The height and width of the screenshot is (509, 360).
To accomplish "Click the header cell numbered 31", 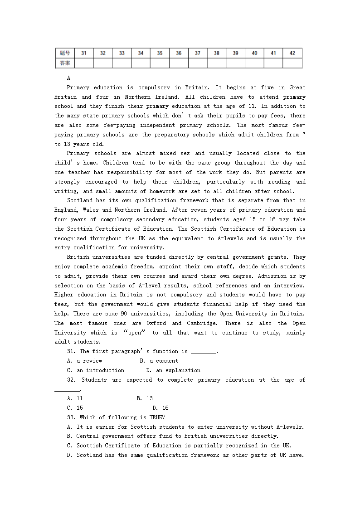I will (84, 53).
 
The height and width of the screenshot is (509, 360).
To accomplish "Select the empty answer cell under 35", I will (160, 63).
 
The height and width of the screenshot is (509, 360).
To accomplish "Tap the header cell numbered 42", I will (292, 53).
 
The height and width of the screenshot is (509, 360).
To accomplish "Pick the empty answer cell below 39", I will (235, 63).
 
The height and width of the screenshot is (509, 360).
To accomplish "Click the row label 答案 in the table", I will (65, 63).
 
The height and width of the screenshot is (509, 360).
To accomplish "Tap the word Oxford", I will (156, 323).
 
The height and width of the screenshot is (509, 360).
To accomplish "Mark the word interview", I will (289, 286).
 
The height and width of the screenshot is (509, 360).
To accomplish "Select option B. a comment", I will (159, 361).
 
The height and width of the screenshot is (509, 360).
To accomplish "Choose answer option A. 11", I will (75, 398).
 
